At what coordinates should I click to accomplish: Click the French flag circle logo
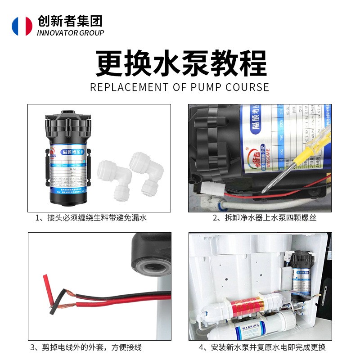22,26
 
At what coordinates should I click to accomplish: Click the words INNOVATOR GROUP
71,33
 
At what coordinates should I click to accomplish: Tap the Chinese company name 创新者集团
70,21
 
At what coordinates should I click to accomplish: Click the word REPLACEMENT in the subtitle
129,87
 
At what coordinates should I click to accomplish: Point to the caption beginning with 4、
263,347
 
